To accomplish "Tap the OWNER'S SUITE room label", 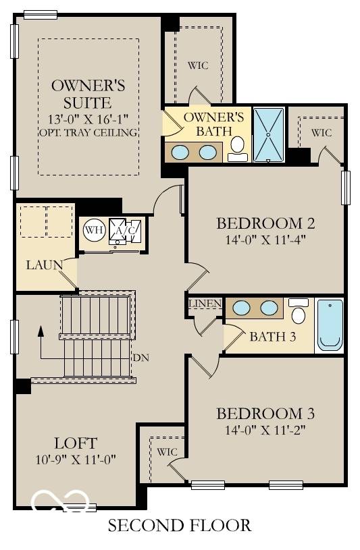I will [88, 94].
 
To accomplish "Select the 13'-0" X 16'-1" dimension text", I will [88, 119].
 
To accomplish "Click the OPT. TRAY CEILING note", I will [88, 132].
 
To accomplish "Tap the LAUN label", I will [44, 265].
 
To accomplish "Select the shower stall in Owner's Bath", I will [269, 134].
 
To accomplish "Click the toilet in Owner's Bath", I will [237, 147].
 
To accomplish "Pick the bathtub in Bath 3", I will [330, 325].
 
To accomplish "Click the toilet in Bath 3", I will [298, 312].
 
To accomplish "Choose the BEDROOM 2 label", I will [265, 223].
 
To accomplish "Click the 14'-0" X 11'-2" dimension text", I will [265, 429].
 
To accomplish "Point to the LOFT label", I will [75, 443].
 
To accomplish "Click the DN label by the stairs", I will [140, 357].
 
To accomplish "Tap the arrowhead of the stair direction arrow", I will [41, 331].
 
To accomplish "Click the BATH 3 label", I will [272, 337].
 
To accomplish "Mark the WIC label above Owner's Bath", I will [198, 65].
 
